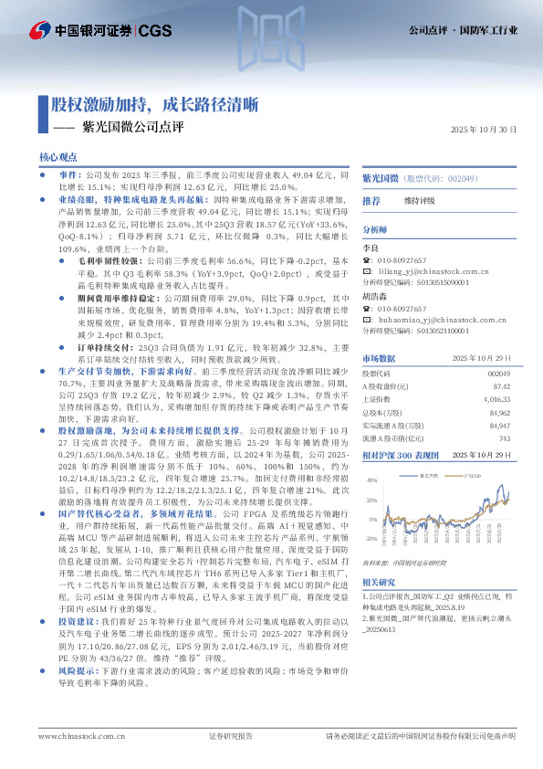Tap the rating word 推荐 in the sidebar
click(371, 200)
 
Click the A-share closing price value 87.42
click(501, 386)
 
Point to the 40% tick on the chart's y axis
click(371, 480)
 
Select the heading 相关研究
click(379, 582)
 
